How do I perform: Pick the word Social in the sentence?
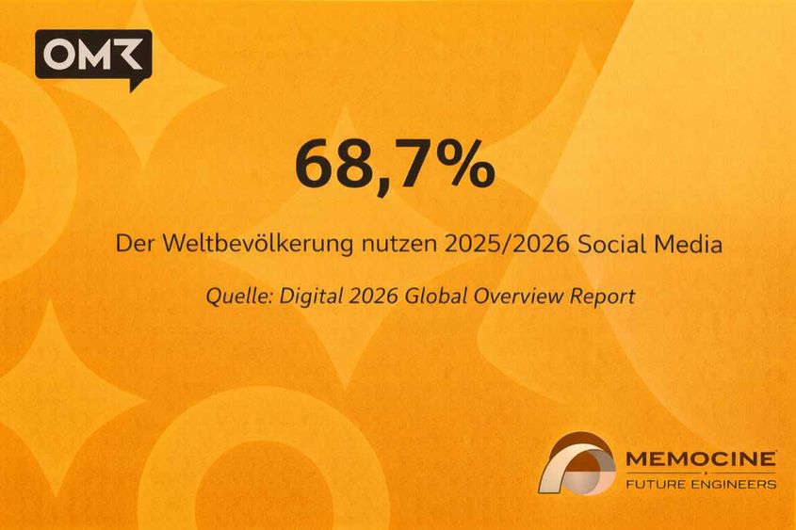(x=608, y=244)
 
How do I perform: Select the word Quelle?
(x=236, y=296)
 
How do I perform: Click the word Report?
(x=603, y=296)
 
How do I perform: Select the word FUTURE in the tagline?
(x=656, y=484)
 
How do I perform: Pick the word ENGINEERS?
(x=734, y=484)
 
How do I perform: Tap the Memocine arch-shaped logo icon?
(x=577, y=462)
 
